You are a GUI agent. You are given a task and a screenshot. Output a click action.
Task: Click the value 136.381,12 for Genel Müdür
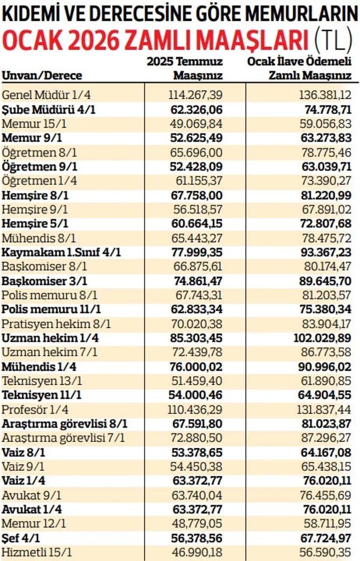pos(325,95)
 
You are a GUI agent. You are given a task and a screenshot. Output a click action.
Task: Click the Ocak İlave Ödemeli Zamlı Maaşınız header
pos(299,68)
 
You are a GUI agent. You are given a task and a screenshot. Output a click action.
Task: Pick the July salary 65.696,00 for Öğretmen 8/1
pos(195,152)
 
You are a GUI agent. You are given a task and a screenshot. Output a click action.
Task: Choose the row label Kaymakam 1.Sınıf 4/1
pos(62,252)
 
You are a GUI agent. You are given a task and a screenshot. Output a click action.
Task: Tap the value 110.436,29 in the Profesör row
pos(195,410)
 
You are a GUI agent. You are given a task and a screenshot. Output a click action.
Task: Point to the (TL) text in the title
pos(332,41)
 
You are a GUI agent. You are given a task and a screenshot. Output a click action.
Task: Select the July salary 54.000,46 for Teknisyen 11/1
pos(195,396)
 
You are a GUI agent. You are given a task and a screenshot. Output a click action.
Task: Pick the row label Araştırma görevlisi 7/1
pos(64,439)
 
